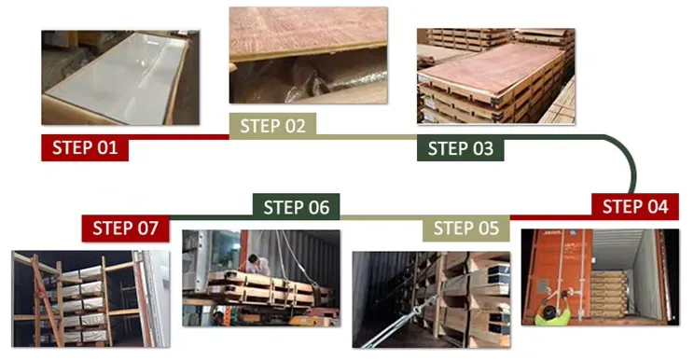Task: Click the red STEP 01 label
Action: [x=85, y=147]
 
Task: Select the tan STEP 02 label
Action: [x=273, y=126]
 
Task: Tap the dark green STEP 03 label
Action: [x=461, y=147]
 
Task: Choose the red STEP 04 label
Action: [x=634, y=207]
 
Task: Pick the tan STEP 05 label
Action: [x=466, y=228]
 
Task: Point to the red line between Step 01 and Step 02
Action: [x=177, y=137]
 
